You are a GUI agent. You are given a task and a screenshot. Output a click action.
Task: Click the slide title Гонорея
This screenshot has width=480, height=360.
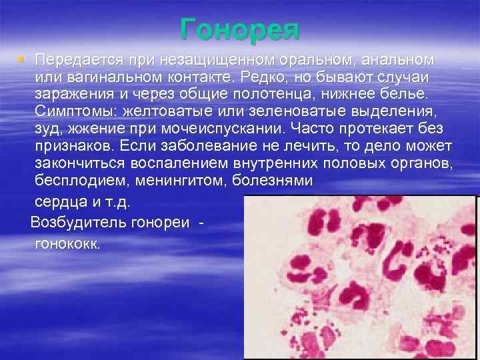point(240,30)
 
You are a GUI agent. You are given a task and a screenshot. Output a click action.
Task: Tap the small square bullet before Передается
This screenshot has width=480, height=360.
point(21,59)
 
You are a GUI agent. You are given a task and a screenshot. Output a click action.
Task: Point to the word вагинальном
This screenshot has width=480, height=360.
point(115,77)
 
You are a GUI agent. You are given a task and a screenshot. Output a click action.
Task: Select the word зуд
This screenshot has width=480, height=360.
point(48,128)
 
